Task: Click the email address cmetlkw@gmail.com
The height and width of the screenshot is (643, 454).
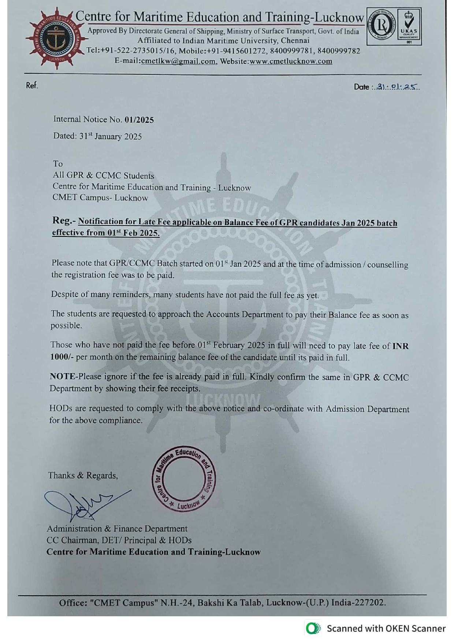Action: click(178, 61)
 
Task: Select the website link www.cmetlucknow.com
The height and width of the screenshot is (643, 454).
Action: click(291, 61)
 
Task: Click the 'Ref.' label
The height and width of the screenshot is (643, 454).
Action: click(32, 85)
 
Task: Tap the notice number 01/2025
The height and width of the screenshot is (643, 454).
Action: click(139, 120)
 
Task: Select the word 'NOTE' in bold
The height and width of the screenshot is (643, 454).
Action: click(62, 376)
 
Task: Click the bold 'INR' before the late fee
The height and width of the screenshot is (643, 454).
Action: click(401, 346)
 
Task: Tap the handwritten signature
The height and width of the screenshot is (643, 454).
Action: click(84, 504)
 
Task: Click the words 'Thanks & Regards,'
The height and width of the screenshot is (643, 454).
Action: click(83, 476)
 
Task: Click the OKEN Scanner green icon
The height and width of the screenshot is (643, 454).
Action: click(313, 629)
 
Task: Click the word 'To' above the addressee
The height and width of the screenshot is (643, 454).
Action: click(58, 164)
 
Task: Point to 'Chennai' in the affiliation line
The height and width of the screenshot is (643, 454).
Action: click(295, 41)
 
